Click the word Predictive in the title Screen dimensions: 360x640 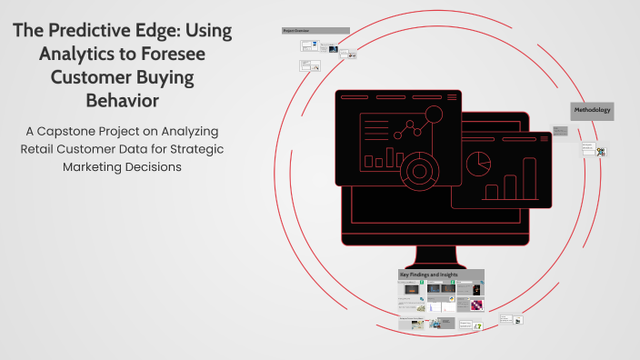coord(121,30)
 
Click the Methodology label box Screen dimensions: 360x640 coord(592,110)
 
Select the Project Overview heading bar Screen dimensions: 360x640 coord(315,30)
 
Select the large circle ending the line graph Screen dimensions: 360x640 coord(433,115)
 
